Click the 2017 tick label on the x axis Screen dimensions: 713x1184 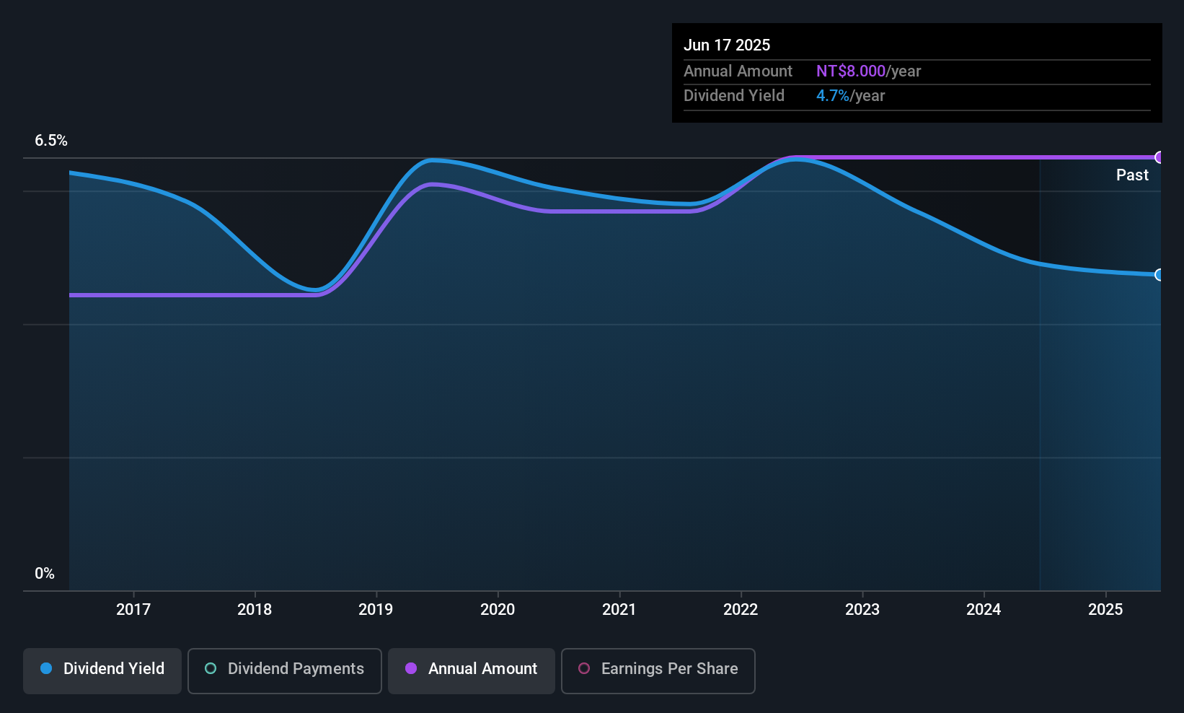(x=133, y=609)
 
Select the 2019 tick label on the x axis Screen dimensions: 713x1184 (x=376, y=609)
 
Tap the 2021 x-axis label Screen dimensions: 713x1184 (x=619, y=609)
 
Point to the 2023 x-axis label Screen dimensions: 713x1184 (x=862, y=609)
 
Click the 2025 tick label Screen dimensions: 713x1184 (x=1105, y=609)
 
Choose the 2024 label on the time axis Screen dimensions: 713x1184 (x=984, y=609)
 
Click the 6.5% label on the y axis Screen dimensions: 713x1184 (x=51, y=141)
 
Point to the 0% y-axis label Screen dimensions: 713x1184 (x=45, y=574)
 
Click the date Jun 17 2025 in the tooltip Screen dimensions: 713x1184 (x=727, y=45)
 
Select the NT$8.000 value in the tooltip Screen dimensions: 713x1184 (x=850, y=71)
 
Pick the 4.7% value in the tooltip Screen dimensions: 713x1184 (x=832, y=96)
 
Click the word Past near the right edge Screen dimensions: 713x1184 (x=1132, y=175)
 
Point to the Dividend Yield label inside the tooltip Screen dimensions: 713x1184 (x=733, y=96)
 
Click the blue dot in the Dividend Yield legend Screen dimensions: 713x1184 (x=46, y=668)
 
